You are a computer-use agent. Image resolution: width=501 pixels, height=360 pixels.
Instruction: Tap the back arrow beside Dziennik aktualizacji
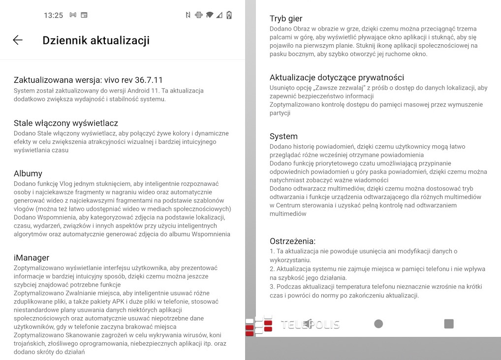18,40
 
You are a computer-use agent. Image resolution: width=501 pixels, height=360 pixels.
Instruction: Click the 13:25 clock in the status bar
53,15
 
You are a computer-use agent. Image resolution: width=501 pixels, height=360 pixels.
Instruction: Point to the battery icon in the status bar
229,15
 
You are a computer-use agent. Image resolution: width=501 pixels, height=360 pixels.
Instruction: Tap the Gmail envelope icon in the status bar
73,15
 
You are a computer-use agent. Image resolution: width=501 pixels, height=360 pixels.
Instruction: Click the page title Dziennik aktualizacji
96,40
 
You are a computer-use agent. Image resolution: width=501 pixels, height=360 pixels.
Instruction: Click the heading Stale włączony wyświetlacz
66,123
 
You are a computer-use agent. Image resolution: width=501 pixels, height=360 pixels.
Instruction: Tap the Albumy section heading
28,173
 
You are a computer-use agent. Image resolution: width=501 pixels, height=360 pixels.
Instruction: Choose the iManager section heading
31,258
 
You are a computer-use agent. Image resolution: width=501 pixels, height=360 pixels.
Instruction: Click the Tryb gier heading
286,19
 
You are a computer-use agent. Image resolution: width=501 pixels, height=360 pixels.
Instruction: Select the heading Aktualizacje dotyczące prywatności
337,77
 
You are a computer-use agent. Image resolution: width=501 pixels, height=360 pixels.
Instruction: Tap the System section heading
283,136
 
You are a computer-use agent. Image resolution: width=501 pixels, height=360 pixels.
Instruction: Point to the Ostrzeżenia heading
292,241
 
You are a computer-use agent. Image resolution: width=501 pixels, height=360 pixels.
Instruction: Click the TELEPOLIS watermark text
310,324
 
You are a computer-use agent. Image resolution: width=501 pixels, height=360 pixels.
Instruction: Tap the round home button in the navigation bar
378,324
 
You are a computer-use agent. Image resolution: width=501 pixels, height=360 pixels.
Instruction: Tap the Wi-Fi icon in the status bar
210,15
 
